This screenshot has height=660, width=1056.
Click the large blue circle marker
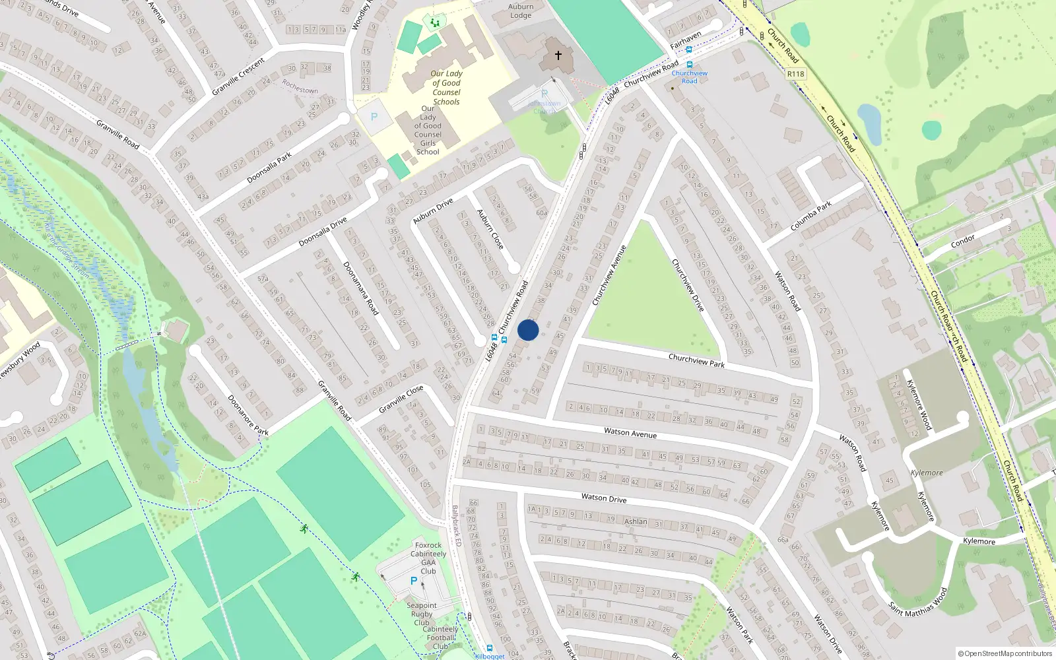[528, 330]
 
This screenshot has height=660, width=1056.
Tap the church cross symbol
[558, 55]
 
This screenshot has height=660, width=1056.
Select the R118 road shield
[795, 74]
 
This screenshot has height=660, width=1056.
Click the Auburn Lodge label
[521, 11]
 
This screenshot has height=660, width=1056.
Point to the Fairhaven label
[686, 40]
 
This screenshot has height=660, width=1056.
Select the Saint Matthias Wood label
[917, 601]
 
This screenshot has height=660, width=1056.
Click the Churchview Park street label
[696, 360]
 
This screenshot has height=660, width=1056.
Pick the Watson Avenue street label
[630, 433]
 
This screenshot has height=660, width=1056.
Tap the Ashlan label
[636, 521]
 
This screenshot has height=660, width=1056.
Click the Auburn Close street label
[490, 229]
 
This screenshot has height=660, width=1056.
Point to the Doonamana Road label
[360, 288]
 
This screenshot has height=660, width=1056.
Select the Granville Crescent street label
[238, 77]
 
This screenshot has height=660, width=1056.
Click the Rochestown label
[300, 86]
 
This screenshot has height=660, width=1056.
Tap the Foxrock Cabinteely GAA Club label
[428, 558]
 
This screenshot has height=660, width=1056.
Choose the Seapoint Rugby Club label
[422, 614]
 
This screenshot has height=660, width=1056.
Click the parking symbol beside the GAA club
[414, 581]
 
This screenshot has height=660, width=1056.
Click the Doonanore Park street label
[247, 415]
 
